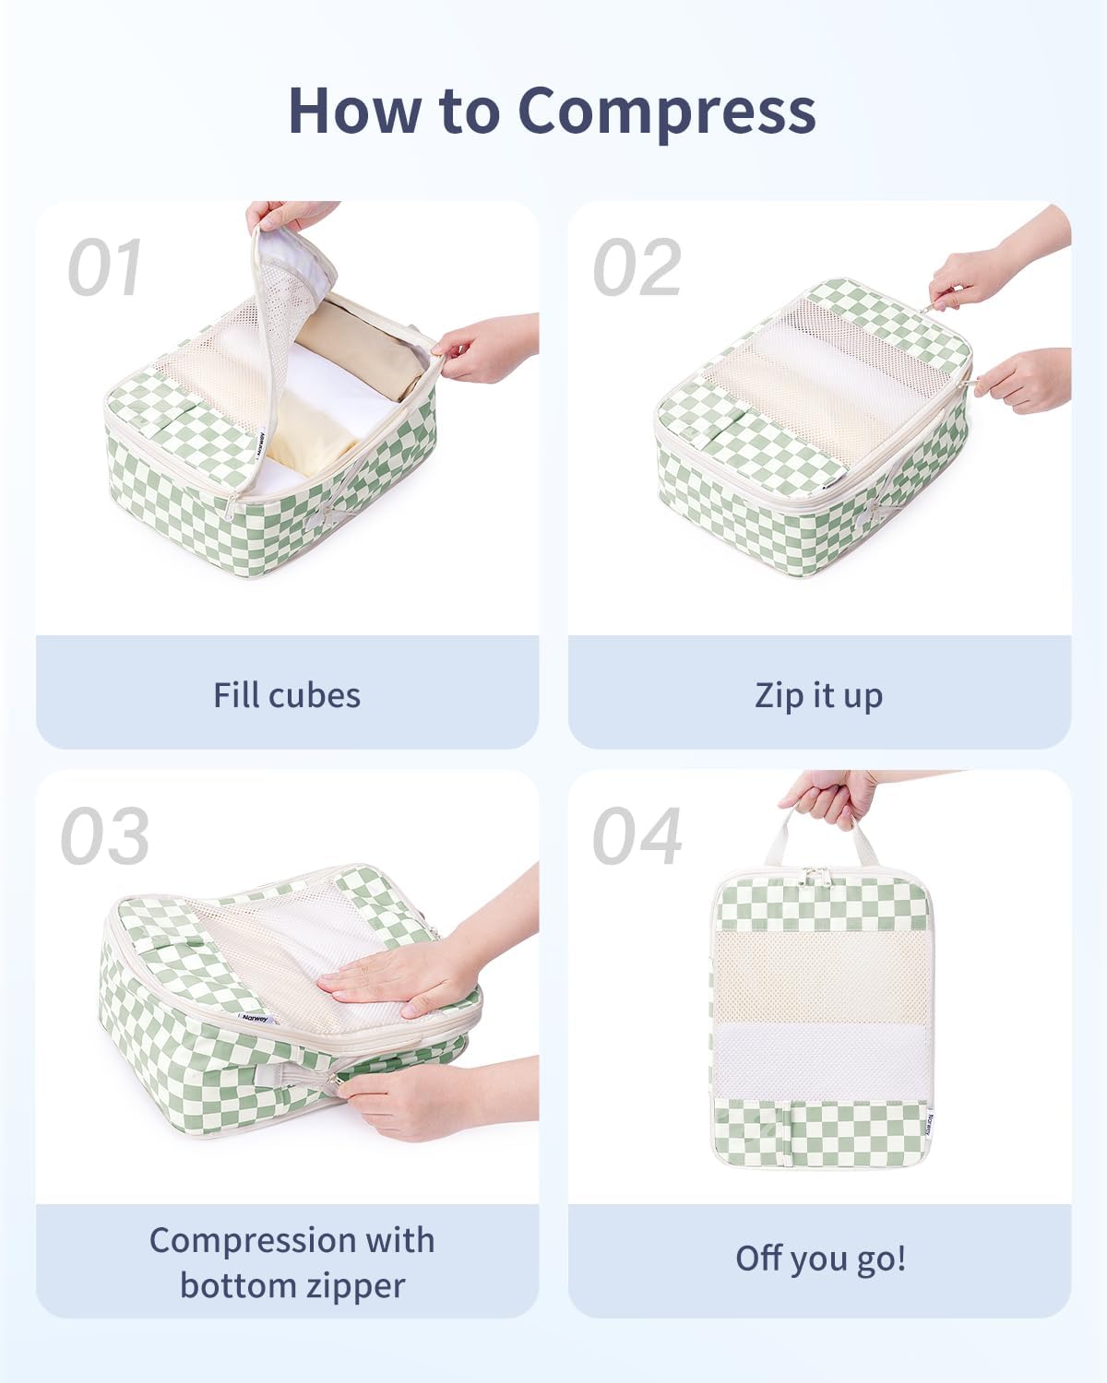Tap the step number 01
tap(104, 268)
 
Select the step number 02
tap(637, 268)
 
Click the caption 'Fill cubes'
tap(287, 695)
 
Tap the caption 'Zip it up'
tap(819, 695)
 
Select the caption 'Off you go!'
tap(820, 1259)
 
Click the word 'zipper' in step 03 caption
tap(357, 1285)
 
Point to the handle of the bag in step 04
tap(819, 834)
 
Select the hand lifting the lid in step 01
tap(291, 216)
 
